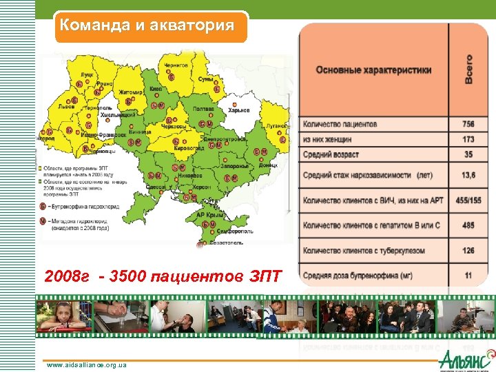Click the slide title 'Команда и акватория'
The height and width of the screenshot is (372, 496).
147,25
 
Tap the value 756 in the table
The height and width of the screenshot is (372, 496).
468,125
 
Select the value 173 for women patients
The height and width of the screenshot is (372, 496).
468,140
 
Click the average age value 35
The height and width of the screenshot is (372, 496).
468,154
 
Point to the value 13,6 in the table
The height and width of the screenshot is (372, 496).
468,176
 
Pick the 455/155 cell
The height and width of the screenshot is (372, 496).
468,200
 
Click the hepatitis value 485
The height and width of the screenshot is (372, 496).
468,225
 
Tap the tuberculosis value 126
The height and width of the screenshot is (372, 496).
468,250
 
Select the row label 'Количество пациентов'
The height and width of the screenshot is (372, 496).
340,125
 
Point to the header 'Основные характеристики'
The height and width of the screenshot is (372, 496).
373,70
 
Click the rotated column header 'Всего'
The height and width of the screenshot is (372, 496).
468,69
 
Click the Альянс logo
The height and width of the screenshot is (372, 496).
466,358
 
